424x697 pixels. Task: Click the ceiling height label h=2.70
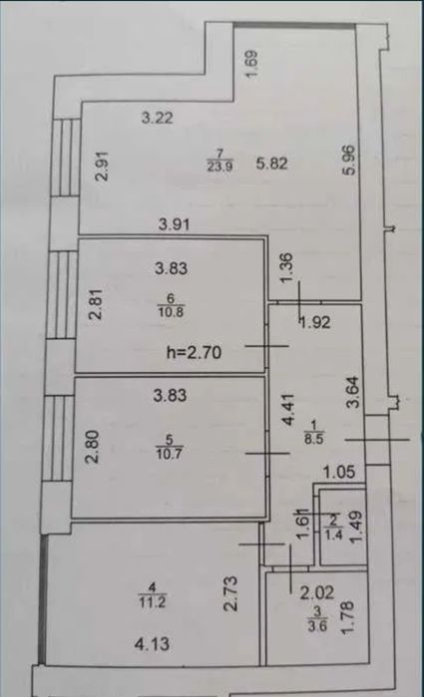coord(194,353)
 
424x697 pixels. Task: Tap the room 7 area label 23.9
coord(220,167)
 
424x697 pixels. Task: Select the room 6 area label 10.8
coord(171,311)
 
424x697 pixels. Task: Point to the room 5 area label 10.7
coord(169,454)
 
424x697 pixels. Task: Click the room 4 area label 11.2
coord(153,602)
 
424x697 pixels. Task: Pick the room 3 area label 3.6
coord(317,626)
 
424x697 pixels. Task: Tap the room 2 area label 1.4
coord(333,533)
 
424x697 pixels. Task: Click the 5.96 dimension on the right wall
coord(350,160)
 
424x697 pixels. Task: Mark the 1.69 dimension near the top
coord(251,65)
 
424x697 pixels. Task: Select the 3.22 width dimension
coord(157,119)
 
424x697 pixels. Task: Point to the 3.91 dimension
coord(175,224)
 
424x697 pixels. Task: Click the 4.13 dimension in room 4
coord(153,644)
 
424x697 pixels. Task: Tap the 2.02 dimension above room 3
coord(317,592)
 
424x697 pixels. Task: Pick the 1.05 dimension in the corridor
coord(339,472)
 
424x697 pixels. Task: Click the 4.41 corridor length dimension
coord(288,410)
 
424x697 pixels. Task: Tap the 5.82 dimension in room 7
coord(271,164)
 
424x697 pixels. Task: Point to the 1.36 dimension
coord(288,267)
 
